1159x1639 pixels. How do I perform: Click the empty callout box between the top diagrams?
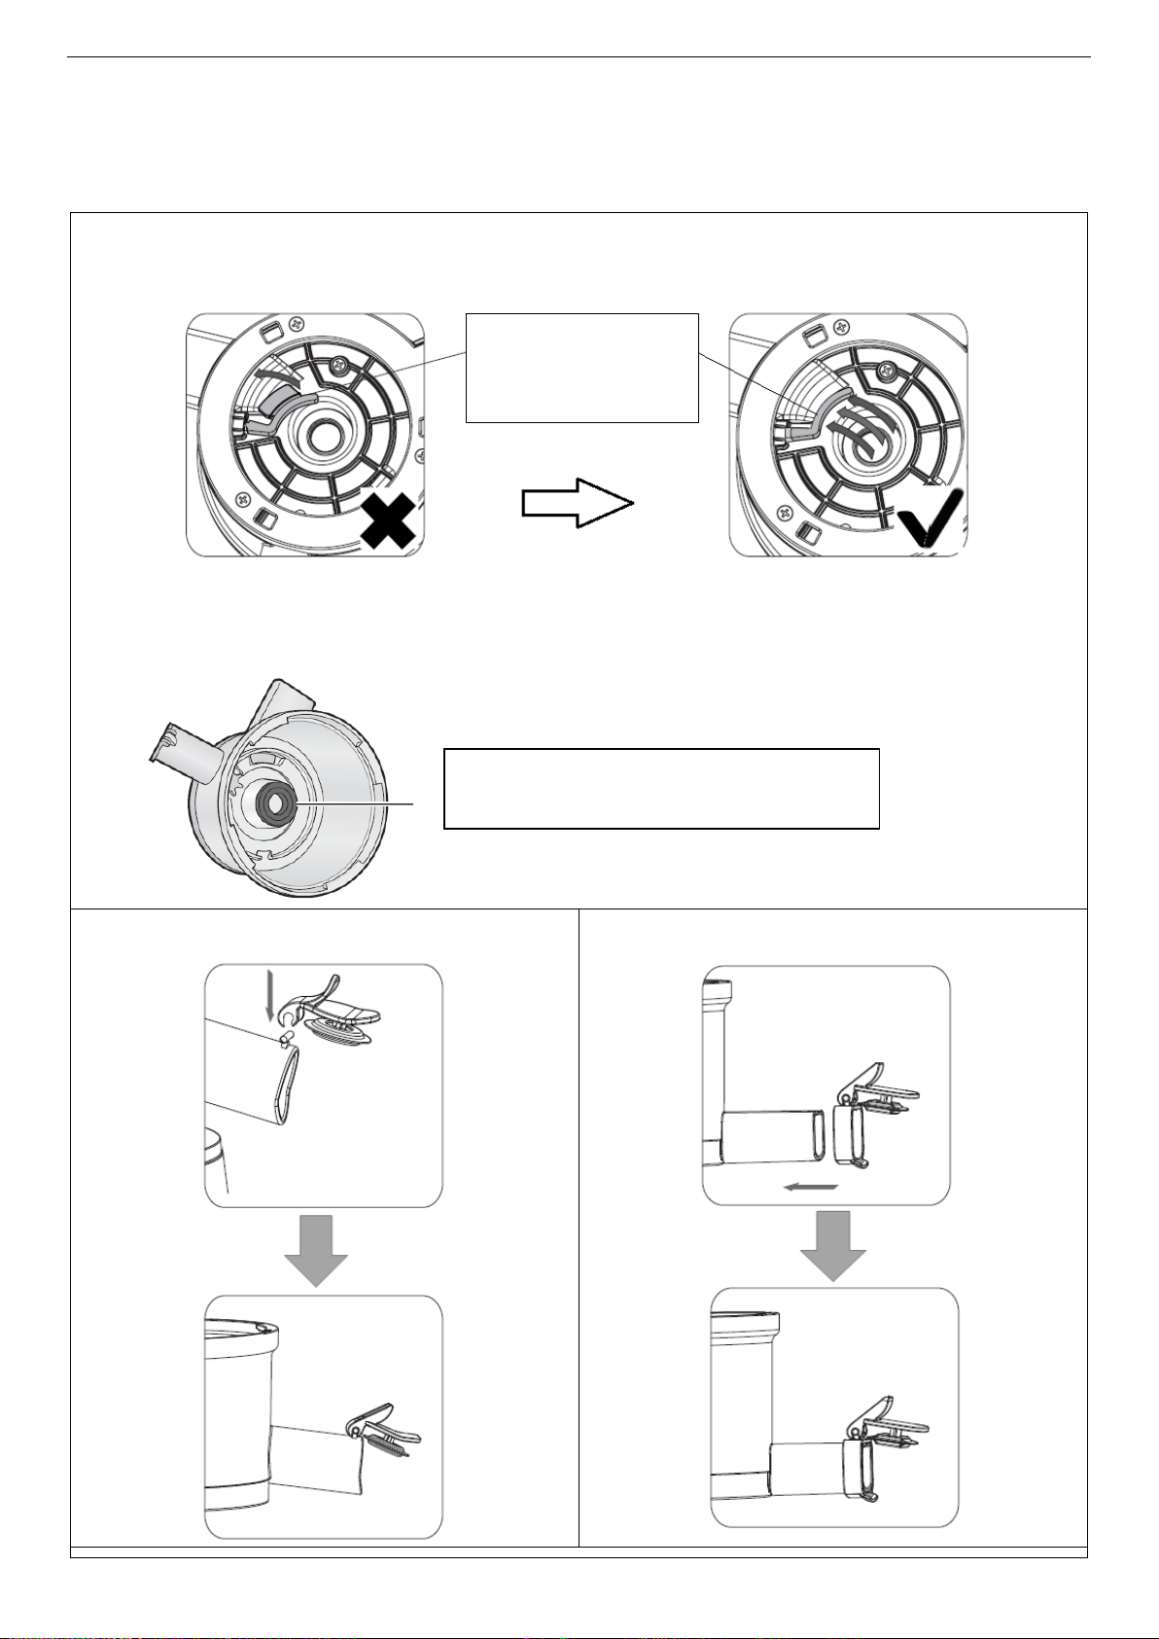tap(581, 368)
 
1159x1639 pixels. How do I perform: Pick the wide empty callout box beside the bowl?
tap(661, 788)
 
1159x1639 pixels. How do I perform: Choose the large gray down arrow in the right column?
tap(833, 1245)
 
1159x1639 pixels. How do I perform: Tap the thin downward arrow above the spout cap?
tap(269, 1001)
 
